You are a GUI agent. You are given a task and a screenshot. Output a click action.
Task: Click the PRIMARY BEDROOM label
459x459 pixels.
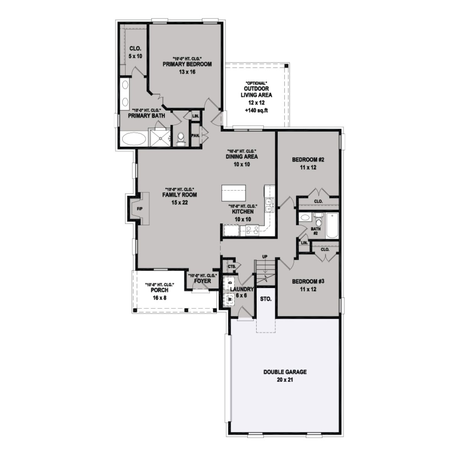tap(187, 64)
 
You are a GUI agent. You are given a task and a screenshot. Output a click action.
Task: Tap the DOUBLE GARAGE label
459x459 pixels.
tap(285, 372)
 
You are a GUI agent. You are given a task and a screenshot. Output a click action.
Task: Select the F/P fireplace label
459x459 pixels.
tap(139, 209)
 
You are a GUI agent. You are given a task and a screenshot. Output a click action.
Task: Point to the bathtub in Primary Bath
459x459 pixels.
tap(133, 139)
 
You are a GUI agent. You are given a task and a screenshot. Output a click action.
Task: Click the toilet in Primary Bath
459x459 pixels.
tap(181, 138)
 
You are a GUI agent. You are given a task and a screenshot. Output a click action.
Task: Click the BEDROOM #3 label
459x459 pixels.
tap(308, 282)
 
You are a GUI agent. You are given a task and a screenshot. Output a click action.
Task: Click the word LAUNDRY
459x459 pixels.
tap(242, 289)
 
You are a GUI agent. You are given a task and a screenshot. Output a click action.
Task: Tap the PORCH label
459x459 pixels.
tap(160, 290)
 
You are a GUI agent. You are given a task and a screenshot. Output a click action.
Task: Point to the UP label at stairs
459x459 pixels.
tap(265, 256)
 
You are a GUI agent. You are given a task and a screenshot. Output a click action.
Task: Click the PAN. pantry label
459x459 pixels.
tap(195, 135)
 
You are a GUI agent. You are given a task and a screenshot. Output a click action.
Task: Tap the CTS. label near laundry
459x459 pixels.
tap(231, 266)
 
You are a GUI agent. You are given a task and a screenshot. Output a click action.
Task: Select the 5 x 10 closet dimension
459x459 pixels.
tap(135, 56)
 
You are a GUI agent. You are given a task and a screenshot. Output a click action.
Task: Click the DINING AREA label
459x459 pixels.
tap(242, 156)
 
